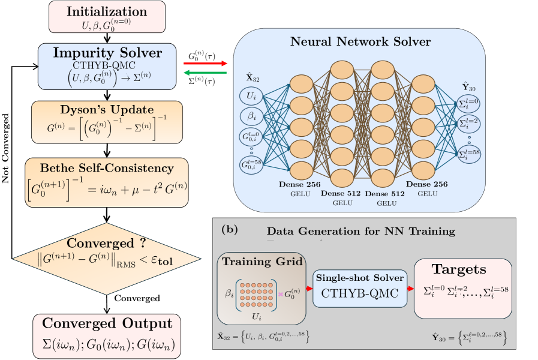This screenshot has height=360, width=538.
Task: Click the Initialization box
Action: pos(106,17)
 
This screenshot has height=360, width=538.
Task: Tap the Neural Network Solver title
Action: pos(360,42)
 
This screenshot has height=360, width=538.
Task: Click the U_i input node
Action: pos(251,95)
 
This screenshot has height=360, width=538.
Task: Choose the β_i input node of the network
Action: pos(251,115)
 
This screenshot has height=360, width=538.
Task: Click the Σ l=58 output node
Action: pos(468,154)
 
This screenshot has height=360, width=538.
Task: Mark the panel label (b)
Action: pos(229,229)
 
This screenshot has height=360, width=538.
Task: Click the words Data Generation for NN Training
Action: pos(360,231)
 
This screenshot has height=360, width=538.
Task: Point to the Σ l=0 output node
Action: pos(468,103)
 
